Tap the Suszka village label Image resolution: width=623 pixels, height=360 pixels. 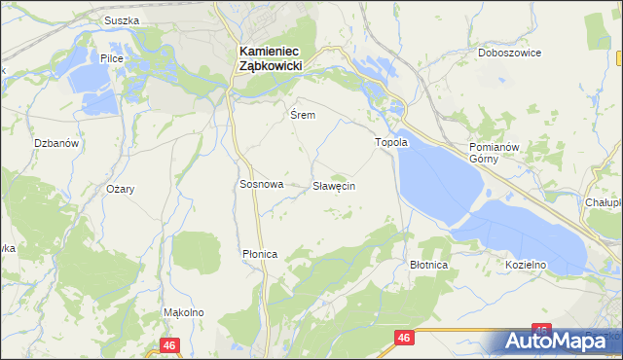pyautogui.click(x=122, y=19)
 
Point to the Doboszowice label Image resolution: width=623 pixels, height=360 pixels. pyautogui.click(x=509, y=53)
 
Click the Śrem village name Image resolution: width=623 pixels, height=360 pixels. pyautogui.click(x=303, y=114)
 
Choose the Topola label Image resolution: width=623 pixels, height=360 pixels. pyautogui.click(x=392, y=142)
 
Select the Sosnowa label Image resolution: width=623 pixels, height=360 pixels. pyautogui.click(x=261, y=184)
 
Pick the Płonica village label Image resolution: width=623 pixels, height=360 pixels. pyautogui.click(x=260, y=254)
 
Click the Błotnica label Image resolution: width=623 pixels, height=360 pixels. pyautogui.click(x=428, y=264)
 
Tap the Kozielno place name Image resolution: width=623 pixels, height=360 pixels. pyautogui.click(x=526, y=264)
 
